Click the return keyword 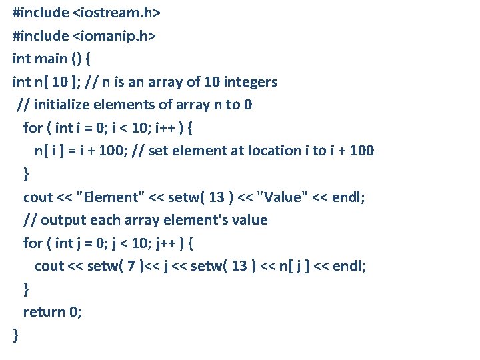pyautogui.click(x=44, y=312)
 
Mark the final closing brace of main pyautogui.click(x=16, y=335)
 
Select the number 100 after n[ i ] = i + pyautogui.click(x=108, y=151)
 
